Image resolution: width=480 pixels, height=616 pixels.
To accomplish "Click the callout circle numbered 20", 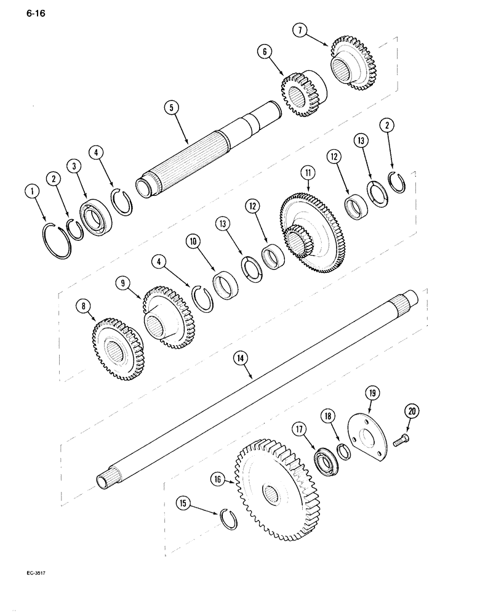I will coord(411,411).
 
